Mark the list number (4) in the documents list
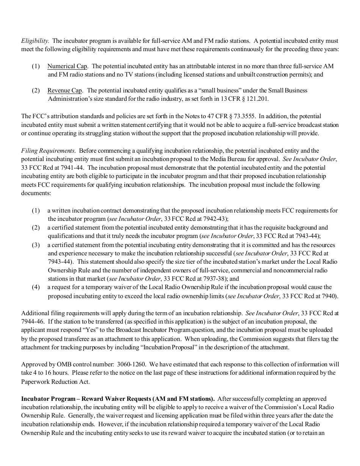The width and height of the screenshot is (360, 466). pos(36,288)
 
